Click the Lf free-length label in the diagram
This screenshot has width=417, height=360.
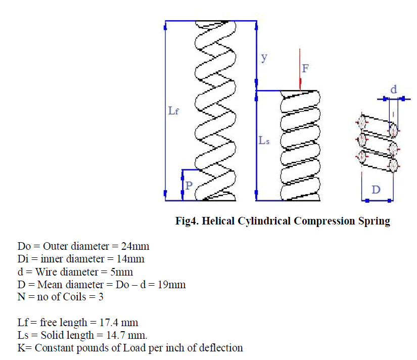coord(173,110)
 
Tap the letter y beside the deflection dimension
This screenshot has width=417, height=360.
coord(263,57)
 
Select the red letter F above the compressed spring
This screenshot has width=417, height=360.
coord(305,68)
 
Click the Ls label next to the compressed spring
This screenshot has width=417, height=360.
coord(264,141)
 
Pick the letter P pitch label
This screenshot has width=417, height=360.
coord(189,186)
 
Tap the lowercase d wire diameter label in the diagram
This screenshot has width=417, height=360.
coord(393,89)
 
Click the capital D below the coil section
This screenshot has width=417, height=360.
coord(376,190)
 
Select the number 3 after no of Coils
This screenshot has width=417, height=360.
coord(101,297)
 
